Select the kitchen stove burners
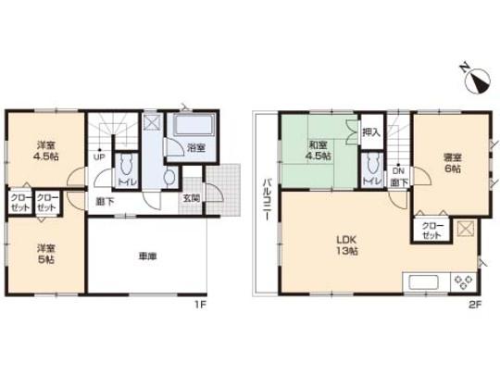pos(463,281)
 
